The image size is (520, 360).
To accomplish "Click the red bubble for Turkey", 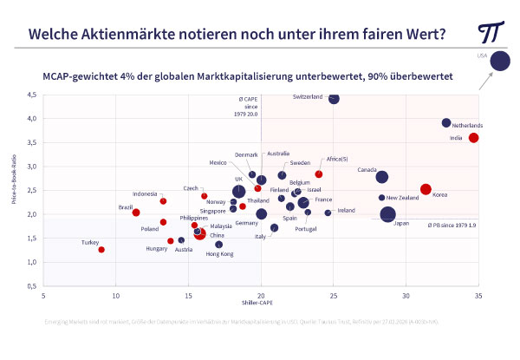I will (x=101, y=250).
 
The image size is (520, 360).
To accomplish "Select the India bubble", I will (x=474, y=138).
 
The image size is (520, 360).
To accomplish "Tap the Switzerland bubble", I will (x=335, y=98).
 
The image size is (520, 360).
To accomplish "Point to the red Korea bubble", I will (x=426, y=189).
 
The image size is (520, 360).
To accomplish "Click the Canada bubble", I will (x=382, y=177).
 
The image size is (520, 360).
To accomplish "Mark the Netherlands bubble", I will (x=446, y=123).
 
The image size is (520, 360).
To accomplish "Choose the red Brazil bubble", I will (x=136, y=213).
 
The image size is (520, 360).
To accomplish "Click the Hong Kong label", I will (x=218, y=254).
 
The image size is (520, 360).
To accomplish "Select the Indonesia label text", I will (x=144, y=193).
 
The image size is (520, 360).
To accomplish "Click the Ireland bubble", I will (x=328, y=213).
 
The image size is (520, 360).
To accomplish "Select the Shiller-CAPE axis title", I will (x=259, y=303).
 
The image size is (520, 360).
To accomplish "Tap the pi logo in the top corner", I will (x=491, y=32).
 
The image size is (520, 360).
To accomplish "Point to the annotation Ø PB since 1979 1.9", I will (x=451, y=225).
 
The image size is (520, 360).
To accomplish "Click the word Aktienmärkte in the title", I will (x=135, y=34).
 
